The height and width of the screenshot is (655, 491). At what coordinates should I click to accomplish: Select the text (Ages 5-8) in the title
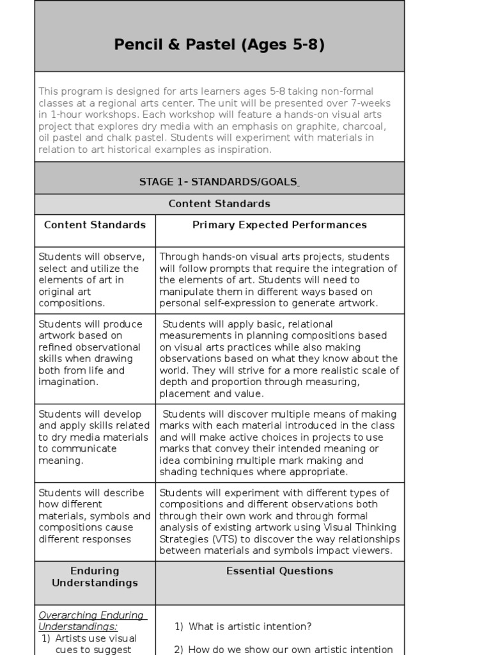click(280, 45)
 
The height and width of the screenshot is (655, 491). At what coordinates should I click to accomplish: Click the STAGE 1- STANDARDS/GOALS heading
click(219, 182)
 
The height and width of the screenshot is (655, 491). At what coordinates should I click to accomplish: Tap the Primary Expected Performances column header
click(279, 225)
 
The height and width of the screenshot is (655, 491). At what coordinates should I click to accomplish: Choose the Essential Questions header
click(279, 571)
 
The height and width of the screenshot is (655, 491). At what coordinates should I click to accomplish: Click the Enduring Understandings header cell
click(95, 576)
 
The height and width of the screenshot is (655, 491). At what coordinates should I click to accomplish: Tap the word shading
click(180, 472)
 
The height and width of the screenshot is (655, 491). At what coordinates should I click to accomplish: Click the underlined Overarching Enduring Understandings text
click(92, 621)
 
